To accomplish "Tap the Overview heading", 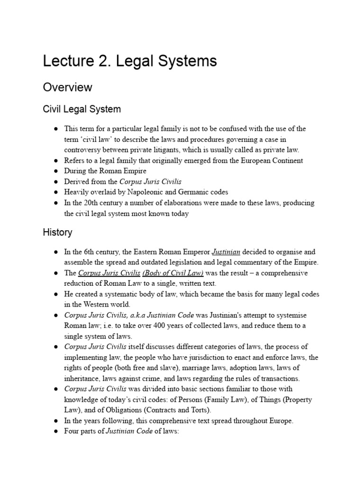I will (x=67, y=87).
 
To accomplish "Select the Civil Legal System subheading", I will (x=82, y=109).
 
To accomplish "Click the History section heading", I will (x=57, y=233).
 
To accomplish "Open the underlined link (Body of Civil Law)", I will (x=173, y=273).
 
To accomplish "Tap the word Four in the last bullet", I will (x=73, y=431).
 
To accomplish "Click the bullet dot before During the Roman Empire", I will (x=55, y=171).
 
